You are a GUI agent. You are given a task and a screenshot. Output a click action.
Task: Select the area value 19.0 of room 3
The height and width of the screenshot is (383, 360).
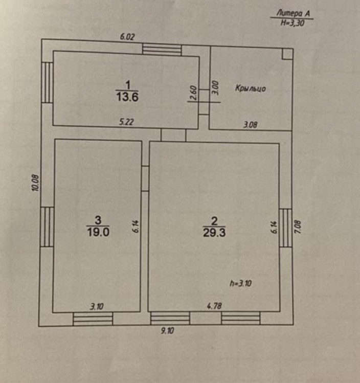pos(98,231)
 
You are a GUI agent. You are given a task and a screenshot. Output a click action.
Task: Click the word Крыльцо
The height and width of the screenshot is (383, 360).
pos(251,88)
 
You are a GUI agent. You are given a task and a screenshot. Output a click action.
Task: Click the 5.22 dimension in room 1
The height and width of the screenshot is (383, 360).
pos(127,123)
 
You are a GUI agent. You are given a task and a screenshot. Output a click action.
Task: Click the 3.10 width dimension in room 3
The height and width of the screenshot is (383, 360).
pos(96,307)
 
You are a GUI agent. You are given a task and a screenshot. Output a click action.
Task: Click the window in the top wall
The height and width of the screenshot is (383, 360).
pos(162,50)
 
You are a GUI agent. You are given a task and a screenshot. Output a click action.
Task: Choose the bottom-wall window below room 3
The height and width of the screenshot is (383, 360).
pos(93,319)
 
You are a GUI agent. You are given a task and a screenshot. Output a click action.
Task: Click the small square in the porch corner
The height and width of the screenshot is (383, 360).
pos(287,54)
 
